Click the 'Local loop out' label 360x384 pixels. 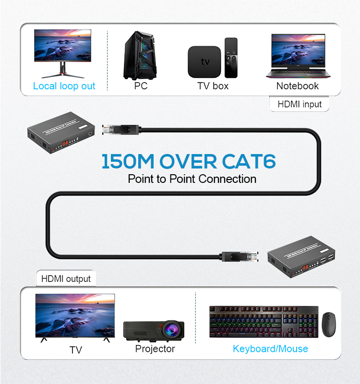tap(64, 86)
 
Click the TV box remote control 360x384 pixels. tap(231, 58)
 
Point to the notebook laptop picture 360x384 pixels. tap(298, 55)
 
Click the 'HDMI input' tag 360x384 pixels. tap(300, 104)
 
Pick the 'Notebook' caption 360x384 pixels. tap(298, 86)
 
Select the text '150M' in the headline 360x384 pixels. tap(127, 162)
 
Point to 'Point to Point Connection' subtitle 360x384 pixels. tap(192, 179)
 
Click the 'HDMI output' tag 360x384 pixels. tap(66, 278)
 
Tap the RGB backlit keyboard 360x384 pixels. tap(264, 322)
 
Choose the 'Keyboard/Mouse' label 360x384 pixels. tap(270, 349)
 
